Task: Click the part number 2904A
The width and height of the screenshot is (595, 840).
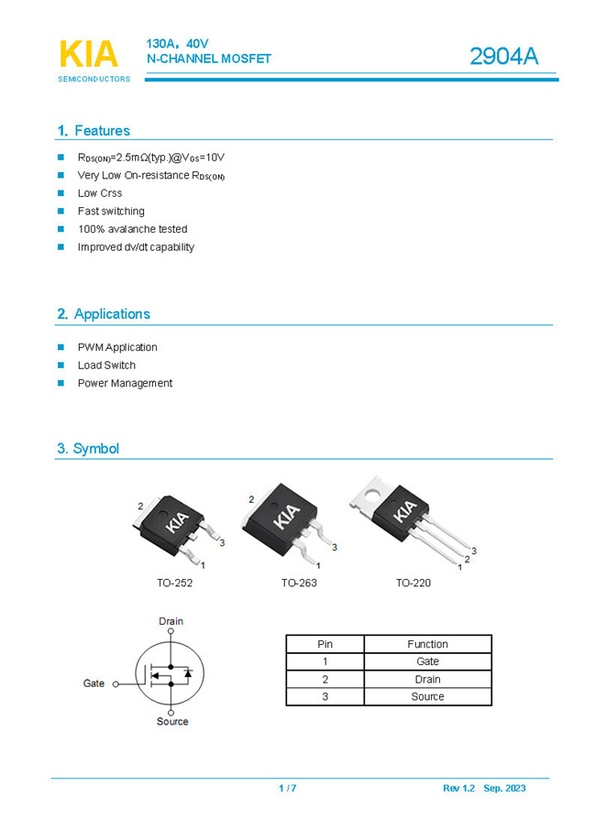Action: [x=503, y=57]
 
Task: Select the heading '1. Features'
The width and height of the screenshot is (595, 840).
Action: [x=94, y=131]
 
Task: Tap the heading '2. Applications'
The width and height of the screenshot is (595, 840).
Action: [x=104, y=314]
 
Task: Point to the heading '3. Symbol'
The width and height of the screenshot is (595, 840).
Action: [x=88, y=449]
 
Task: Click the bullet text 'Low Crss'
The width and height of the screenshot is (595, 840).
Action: [x=100, y=193]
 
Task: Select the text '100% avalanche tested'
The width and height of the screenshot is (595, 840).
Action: [x=132, y=229]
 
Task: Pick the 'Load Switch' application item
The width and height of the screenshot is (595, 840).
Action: [x=106, y=365]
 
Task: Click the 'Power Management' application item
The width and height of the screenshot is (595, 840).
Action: [x=125, y=383]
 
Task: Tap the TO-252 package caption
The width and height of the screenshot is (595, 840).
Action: [x=174, y=583]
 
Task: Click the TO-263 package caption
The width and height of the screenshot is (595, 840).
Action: [x=299, y=583]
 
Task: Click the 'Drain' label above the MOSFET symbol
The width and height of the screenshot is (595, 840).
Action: [x=171, y=621]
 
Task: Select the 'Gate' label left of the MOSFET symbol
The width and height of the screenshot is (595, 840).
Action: [x=94, y=683]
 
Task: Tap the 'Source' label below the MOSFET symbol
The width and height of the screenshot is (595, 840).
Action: [x=172, y=722]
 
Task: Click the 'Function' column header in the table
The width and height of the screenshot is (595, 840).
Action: [x=427, y=644]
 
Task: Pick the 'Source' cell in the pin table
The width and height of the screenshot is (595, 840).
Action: [x=427, y=696]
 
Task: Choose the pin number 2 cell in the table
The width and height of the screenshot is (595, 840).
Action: [x=325, y=679]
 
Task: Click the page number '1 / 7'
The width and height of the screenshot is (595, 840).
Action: [x=288, y=789]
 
